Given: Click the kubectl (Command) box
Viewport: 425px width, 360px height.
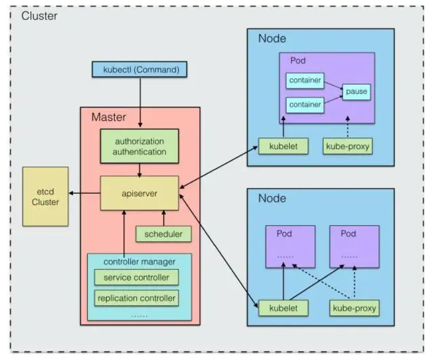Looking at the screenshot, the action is (x=140, y=70).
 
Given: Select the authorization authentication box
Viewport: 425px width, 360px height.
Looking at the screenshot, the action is (x=140, y=146).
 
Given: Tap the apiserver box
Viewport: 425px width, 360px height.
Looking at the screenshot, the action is (x=140, y=193).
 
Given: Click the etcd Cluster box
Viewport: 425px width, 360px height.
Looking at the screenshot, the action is (x=45, y=197).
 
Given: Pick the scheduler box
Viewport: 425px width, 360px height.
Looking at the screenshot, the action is (x=163, y=234).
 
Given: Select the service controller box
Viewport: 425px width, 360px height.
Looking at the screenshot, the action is (x=136, y=277).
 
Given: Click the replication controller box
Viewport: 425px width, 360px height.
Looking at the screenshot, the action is (x=136, y=298).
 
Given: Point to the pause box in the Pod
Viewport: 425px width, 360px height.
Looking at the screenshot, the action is (x=357, y=92).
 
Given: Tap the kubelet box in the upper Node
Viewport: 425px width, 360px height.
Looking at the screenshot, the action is (x=283, y=146).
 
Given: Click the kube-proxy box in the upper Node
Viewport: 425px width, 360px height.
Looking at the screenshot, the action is (x=347, y=146).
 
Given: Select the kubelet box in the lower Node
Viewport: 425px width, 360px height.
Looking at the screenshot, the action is (x=283, y=308).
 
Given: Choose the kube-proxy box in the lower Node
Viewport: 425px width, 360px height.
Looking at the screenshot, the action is (x=354, y=308).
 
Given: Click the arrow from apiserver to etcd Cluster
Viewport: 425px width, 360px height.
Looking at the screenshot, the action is (x=84, y=193).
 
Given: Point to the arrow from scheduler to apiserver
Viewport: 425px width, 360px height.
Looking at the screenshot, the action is (x=164, y=218).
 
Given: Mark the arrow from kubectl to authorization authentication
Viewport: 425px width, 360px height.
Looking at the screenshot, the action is (x=140, y=102).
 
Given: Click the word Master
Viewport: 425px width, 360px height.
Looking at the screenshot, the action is (x=109, y=117).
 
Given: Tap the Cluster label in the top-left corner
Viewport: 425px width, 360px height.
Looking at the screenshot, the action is (x=39, y=16).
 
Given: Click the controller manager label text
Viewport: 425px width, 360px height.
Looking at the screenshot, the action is (x=140, y=261).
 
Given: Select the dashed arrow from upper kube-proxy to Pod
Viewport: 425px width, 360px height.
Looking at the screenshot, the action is (x=348, y=127).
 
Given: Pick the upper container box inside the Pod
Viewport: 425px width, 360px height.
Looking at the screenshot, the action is (x=305, y=80).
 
